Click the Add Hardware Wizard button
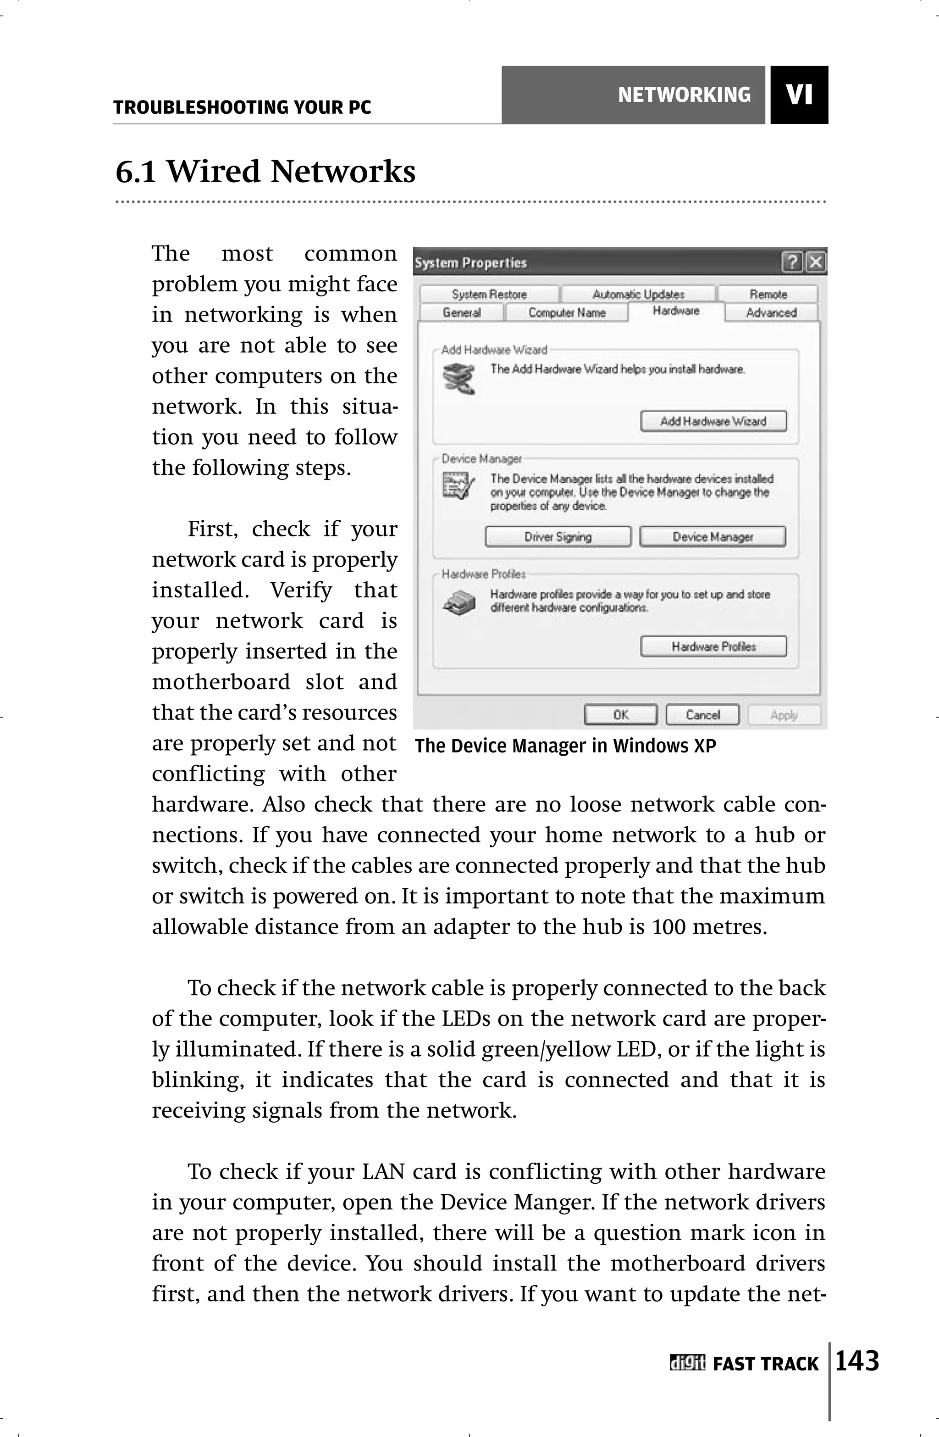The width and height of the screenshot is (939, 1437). click(713, 422)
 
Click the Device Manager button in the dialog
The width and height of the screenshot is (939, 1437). click(713, 537)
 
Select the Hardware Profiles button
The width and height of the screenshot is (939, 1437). click(713, 646)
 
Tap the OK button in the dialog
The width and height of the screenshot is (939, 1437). click(620, 715)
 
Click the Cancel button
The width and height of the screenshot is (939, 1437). click(702, 715)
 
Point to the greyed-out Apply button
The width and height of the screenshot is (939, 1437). click(784, 715)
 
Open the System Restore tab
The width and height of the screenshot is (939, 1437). click(489, 295)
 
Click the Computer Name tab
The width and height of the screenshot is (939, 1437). click(566, 313)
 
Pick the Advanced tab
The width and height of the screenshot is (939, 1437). click(771, 313)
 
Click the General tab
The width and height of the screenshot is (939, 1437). click(462, 313)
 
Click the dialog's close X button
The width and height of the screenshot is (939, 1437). click(815, 262)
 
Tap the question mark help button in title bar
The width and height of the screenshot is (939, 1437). click(792, 262)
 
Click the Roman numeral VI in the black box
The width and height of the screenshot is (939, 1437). click(799, 95)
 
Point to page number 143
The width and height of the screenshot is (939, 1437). click(857, 1362)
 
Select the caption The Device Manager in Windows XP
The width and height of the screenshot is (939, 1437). click(565, 746)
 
